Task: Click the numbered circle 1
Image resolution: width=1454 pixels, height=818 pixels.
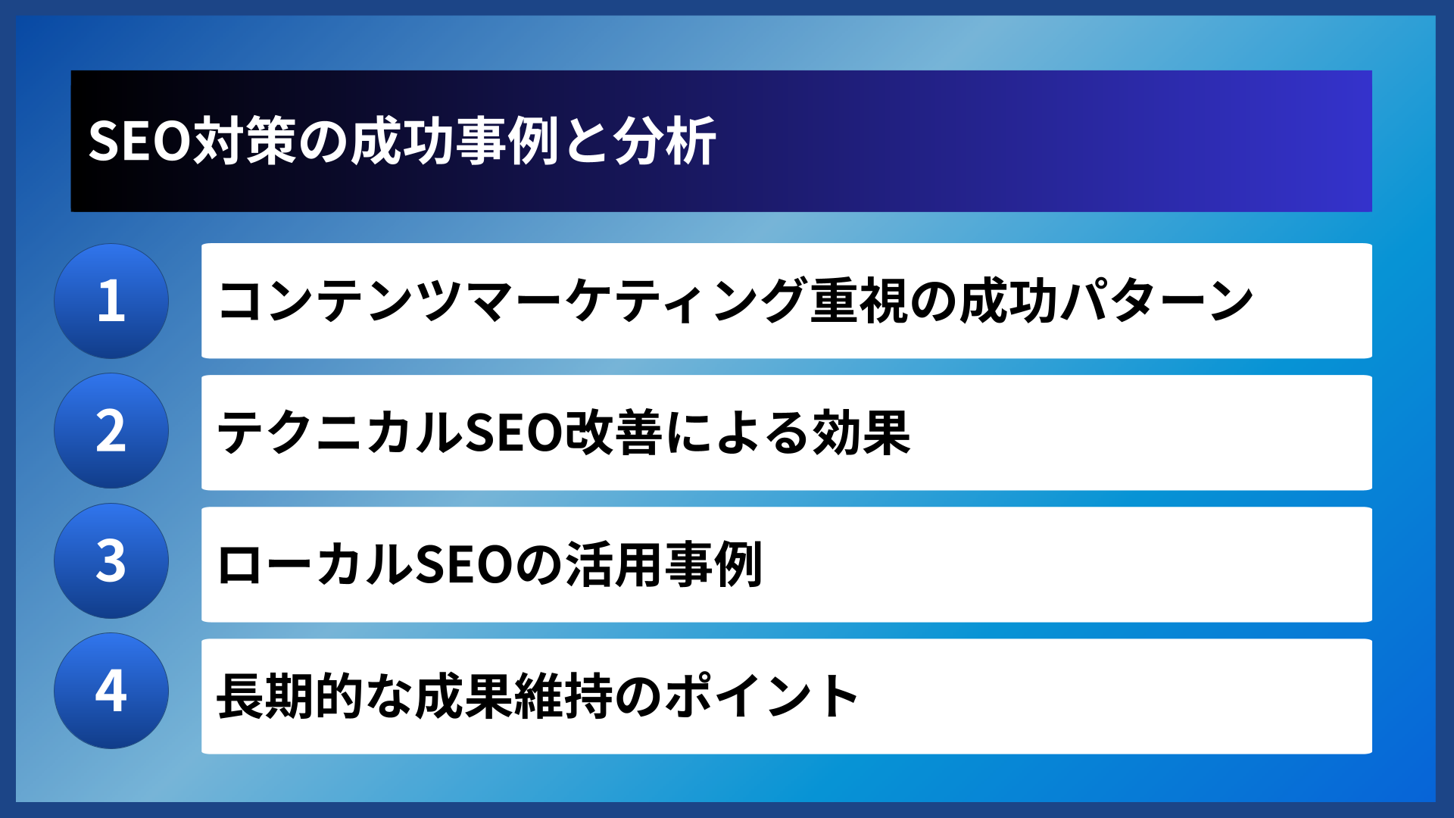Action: tap(111, 301)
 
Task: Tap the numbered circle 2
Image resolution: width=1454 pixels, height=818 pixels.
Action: tap(111, 431)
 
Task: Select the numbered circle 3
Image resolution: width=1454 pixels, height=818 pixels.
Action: tap(111, 561)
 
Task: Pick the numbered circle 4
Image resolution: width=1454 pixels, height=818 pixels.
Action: tap(111, 691)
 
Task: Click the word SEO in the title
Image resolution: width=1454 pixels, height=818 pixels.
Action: tap(139, 142)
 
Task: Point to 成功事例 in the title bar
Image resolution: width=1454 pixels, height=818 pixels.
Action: tap(454, 142)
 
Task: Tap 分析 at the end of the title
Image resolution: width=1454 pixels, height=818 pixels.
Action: tap(665, 142)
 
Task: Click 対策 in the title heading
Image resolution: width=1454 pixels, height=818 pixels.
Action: tap(244, 142)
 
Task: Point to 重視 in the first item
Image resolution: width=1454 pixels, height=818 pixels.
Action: tap(859, 301)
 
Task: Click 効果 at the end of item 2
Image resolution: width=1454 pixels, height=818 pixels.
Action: tap(861, 432)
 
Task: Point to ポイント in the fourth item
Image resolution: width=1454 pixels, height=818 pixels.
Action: tap(761, 696)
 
